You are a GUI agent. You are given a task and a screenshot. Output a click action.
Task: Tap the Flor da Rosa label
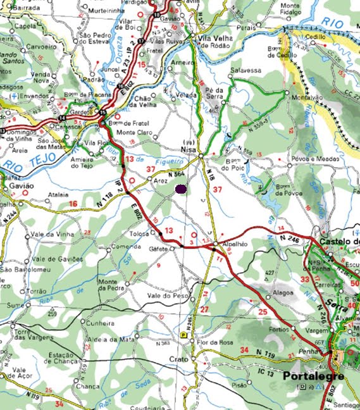210,343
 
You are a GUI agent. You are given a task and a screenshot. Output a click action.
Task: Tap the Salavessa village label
245,70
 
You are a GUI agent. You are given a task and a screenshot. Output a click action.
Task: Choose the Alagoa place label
282,294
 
